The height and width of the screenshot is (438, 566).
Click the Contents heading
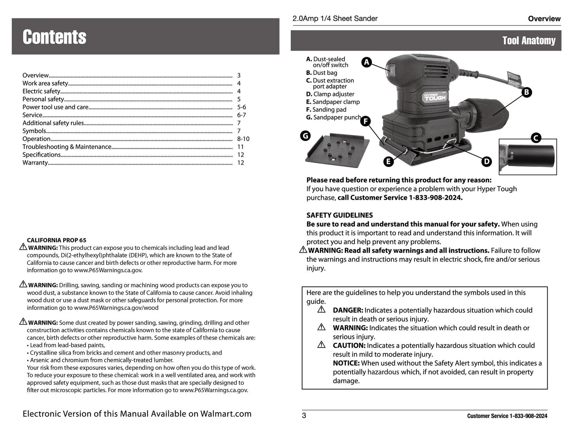[54, 37]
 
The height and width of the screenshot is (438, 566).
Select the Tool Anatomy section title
[529, 41]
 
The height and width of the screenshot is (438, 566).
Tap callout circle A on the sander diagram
[366, 62]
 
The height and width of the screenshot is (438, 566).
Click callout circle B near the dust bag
[527, 92]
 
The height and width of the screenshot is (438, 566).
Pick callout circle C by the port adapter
[535, 138]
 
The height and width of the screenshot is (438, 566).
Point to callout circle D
[486, 161]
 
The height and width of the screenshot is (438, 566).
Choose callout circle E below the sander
[388, 161]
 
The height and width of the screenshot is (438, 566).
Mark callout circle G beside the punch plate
[305, 136]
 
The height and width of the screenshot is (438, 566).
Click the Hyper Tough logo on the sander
[434, 97]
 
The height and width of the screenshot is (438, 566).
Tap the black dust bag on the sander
[489, 110]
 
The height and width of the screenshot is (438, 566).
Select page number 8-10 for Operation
[243, 139]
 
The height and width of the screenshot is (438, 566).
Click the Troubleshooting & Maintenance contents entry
[67, 147]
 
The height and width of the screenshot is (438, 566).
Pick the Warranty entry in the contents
[35, 163]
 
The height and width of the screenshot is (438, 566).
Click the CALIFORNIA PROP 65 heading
[56, 240]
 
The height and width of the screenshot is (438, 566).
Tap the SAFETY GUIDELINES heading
[340, 215]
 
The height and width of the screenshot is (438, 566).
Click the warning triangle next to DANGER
[322, 310]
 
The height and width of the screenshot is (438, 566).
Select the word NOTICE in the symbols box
[346, 363]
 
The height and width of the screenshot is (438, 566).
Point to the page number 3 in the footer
[304, 416]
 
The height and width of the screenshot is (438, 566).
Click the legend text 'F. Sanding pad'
[326, 110]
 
